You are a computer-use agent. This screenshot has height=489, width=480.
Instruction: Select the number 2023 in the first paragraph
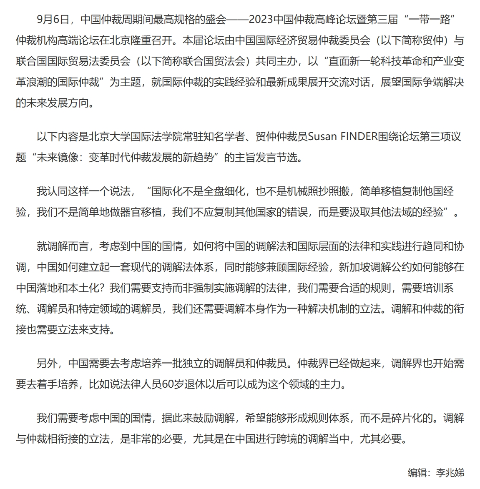pyautogui.click(x=262, y=20)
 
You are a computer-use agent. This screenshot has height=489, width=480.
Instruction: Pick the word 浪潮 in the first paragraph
pyautogui.click(x=47, y=82)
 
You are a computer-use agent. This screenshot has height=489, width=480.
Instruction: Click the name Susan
pyautogui.click(x=324, y=137)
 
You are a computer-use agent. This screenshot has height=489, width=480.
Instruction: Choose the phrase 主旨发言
pyautogui.click(x=256, y=158)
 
